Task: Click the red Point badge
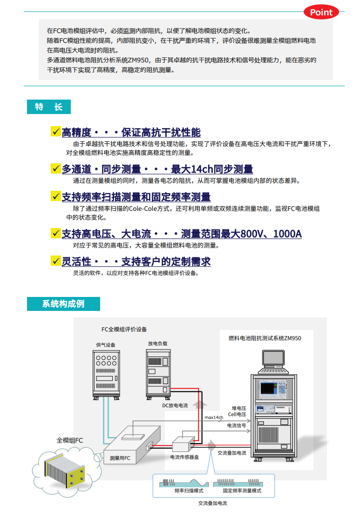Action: point(321,13)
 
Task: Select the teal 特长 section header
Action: point(48,107)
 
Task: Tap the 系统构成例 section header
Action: point(63,304)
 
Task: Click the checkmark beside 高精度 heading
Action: point(56,132)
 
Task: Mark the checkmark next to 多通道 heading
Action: point(56,168)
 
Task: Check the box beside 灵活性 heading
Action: point(56,261)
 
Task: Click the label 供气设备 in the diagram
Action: point(106,345)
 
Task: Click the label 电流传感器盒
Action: point(184,457)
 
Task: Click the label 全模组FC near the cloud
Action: point(70,440)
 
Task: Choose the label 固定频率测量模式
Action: point(242,491)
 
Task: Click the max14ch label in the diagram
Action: point(214,417)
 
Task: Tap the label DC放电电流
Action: point(175,405)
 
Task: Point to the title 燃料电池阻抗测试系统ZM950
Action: point(265,338)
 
